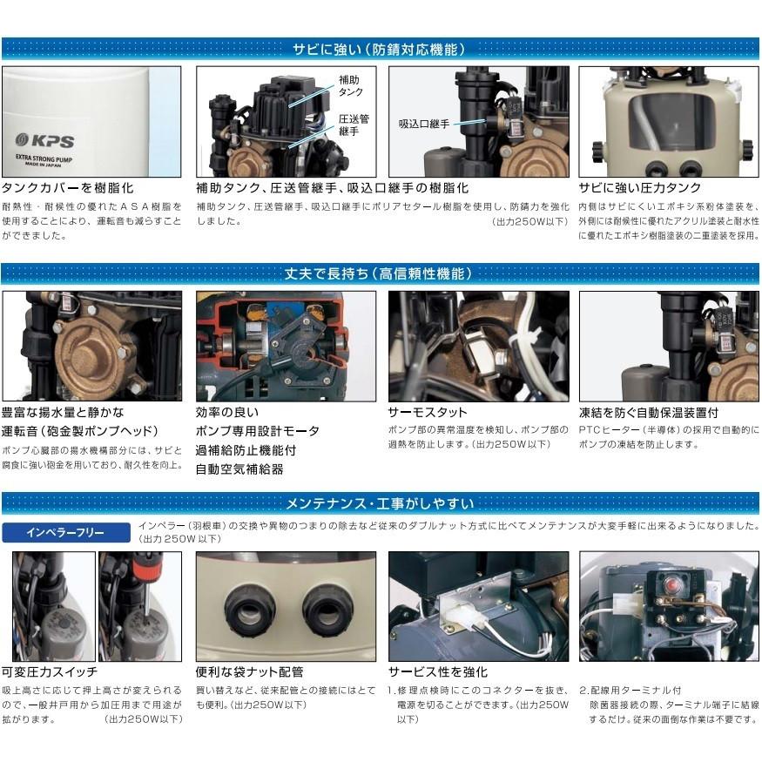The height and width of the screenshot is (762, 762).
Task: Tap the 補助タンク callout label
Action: (350, 84)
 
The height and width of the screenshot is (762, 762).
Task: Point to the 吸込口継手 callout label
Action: (425, 124)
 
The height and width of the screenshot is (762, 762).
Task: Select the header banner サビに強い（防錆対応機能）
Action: (381, 49)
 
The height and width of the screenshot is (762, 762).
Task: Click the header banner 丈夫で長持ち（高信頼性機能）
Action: (381, 273)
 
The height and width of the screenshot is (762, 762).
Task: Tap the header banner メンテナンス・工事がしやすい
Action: (381, 502)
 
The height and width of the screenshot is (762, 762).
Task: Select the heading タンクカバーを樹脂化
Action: (69, 188)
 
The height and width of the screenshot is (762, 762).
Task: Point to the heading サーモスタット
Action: (428, 412)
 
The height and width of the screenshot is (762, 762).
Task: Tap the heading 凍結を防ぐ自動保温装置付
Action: (649, 412)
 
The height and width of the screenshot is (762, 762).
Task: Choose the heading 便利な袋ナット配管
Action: (250, 671)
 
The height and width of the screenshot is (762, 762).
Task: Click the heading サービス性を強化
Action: (438, 671)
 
